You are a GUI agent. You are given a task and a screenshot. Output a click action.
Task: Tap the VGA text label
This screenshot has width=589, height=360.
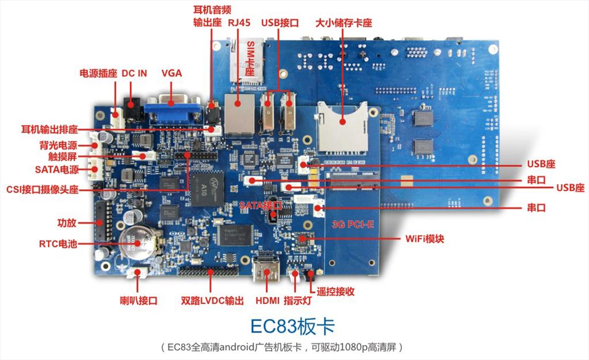pyautogui.click(x=171, y=73)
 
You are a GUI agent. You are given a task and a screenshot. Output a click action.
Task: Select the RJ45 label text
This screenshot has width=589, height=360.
pyautogui.click(x=239, y=22)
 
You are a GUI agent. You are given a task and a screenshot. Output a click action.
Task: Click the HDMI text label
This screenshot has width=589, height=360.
pyautogui.click(x=267, y=301)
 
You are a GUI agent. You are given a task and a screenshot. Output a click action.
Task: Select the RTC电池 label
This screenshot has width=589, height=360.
pyautogui.click(x=58, y=244)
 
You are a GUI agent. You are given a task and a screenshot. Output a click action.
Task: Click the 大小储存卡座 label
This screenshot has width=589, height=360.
pyautogui.click(x=343, y=22)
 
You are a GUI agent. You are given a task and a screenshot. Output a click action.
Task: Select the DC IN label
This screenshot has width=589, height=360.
pyautogui.click(x=134, y=73)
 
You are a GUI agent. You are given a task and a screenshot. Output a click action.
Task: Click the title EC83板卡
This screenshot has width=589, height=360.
pyautogui.click(x=292, y=326)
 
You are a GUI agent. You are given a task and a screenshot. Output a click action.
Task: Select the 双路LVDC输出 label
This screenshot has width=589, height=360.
pyautogui.click(x=212, y=301)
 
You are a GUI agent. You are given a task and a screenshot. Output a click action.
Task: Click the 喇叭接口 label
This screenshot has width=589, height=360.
pyautogui.click(x=139, y=301)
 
